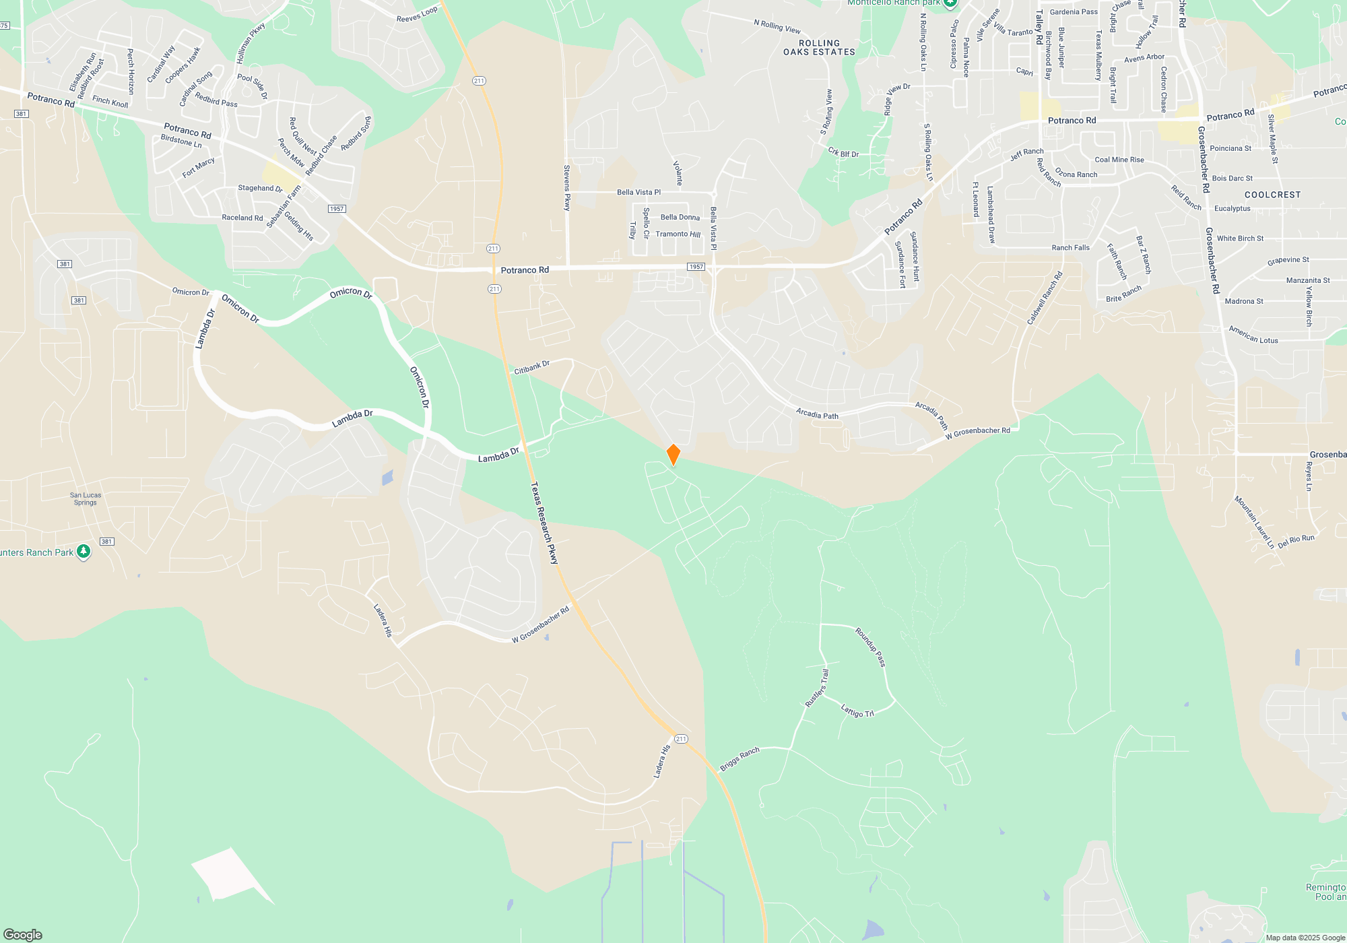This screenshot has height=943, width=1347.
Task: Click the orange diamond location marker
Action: coord(673,455)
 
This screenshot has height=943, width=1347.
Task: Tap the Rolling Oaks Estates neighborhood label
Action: coord(819,47)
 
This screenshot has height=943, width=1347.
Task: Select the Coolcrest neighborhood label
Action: coord(1272,195)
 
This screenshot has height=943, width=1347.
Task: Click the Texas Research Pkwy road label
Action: coord(544,523)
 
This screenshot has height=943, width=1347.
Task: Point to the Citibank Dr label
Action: coord(531,367)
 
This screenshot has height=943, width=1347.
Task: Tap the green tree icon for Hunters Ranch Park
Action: coord(84,552)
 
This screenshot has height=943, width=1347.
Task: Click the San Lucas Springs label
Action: coord(86,498)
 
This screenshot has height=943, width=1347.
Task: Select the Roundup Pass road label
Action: coord(870,647)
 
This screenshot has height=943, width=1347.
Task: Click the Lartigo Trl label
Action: coord(857,710)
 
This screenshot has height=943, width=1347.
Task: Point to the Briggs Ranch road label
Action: coord(740,759)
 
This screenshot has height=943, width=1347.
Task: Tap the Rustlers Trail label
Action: coord(817,688)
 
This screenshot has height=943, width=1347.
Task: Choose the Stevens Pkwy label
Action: coord(566,188)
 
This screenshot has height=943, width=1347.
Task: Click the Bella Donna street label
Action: coord(680,217)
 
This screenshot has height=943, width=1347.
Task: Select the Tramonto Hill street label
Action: coord(678,234)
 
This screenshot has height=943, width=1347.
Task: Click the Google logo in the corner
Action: coord(23,934)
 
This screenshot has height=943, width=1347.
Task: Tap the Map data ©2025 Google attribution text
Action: coord(1305,938)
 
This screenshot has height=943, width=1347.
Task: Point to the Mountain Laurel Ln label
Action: coord(1254,522)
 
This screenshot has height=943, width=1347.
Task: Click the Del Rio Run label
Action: coord(1296,541)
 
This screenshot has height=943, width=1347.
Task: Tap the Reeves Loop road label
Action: coord(417,14)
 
